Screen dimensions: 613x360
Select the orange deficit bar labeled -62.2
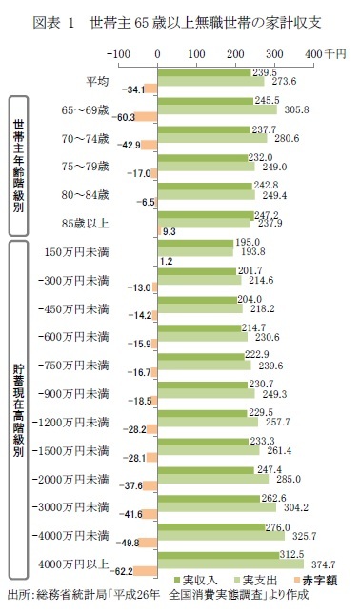pyautogui.click(x=144, y=571)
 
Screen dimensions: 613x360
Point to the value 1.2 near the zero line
pyautogui.click(x=166, y=261)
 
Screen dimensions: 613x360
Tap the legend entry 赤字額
pyautogui.click(x=314, y=580)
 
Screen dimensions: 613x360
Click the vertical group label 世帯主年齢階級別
pyautogui.click(x=18, y=164)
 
